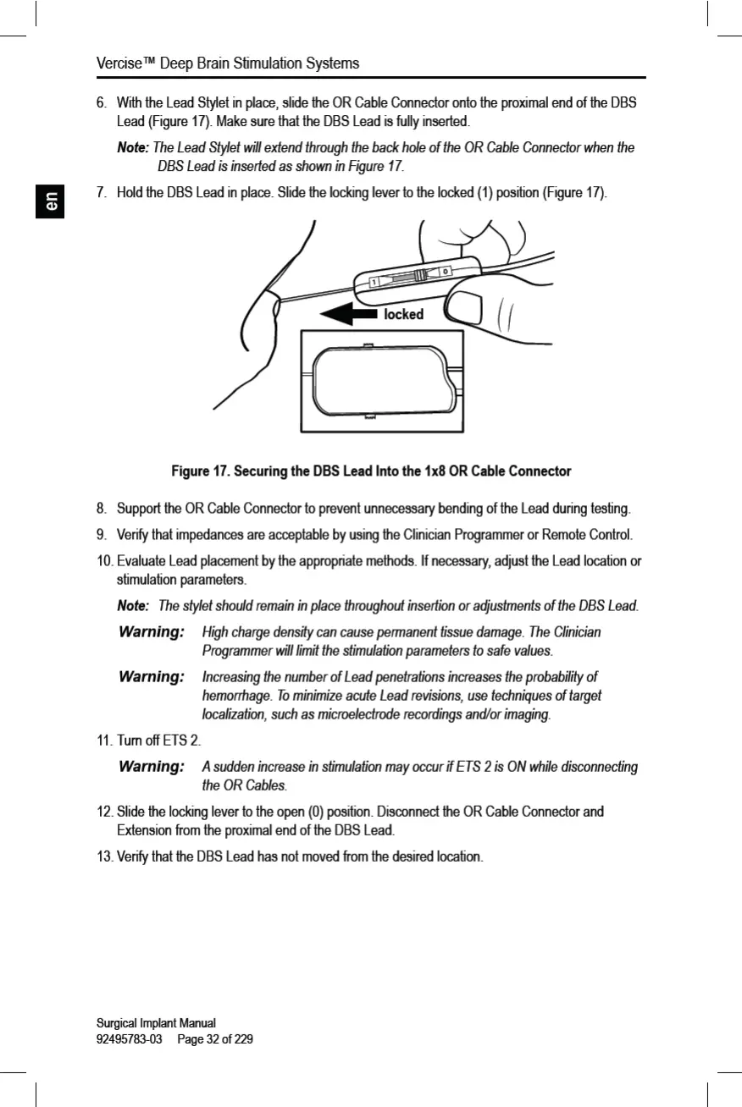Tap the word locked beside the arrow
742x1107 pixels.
[x=403, y=315]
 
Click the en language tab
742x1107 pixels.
[x=50, y=204]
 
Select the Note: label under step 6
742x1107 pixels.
[x=132, y=148]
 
